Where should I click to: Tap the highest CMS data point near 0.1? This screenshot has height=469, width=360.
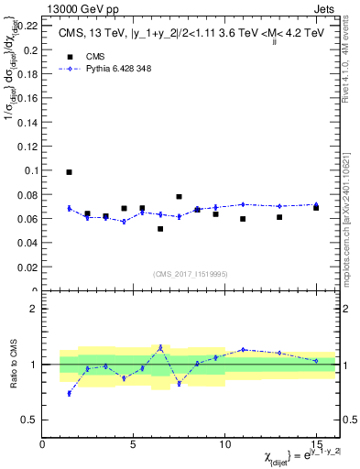(70, 172)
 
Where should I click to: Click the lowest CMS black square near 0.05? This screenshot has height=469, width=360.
(160, 229)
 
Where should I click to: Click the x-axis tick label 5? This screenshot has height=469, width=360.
(134, 444)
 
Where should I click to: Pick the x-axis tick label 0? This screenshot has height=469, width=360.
(43, 444)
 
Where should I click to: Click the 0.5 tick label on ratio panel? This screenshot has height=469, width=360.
(28, 420)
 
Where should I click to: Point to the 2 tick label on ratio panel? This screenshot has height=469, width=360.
(34, 309)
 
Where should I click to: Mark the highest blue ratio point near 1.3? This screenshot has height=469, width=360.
(160, 347)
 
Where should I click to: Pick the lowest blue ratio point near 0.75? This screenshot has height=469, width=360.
(70, 393)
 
